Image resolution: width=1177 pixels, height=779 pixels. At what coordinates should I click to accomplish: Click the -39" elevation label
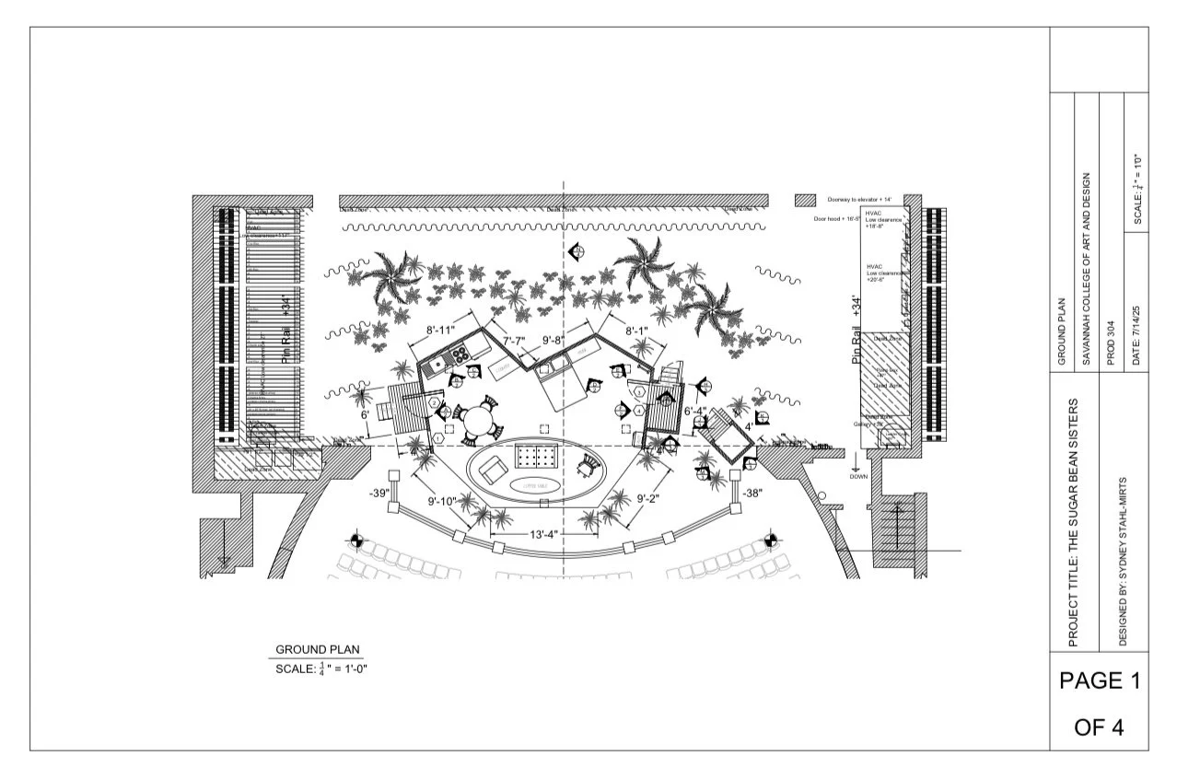pyautogui.click(x=379, y=494)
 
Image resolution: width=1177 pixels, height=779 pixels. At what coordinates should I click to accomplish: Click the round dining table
pyautogui.click(x=478, y=420)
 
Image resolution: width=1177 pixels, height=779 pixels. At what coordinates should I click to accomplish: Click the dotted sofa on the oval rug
pyautogui.click(x=535, y=455)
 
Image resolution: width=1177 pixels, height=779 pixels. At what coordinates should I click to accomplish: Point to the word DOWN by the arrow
pyautogui.click(x=858, y=476)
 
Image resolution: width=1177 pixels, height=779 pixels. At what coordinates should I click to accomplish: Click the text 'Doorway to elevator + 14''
pyautogui.click(x=859, y=200)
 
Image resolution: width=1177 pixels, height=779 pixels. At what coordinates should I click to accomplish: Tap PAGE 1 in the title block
pyautogui.click(x=1099, y=681)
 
